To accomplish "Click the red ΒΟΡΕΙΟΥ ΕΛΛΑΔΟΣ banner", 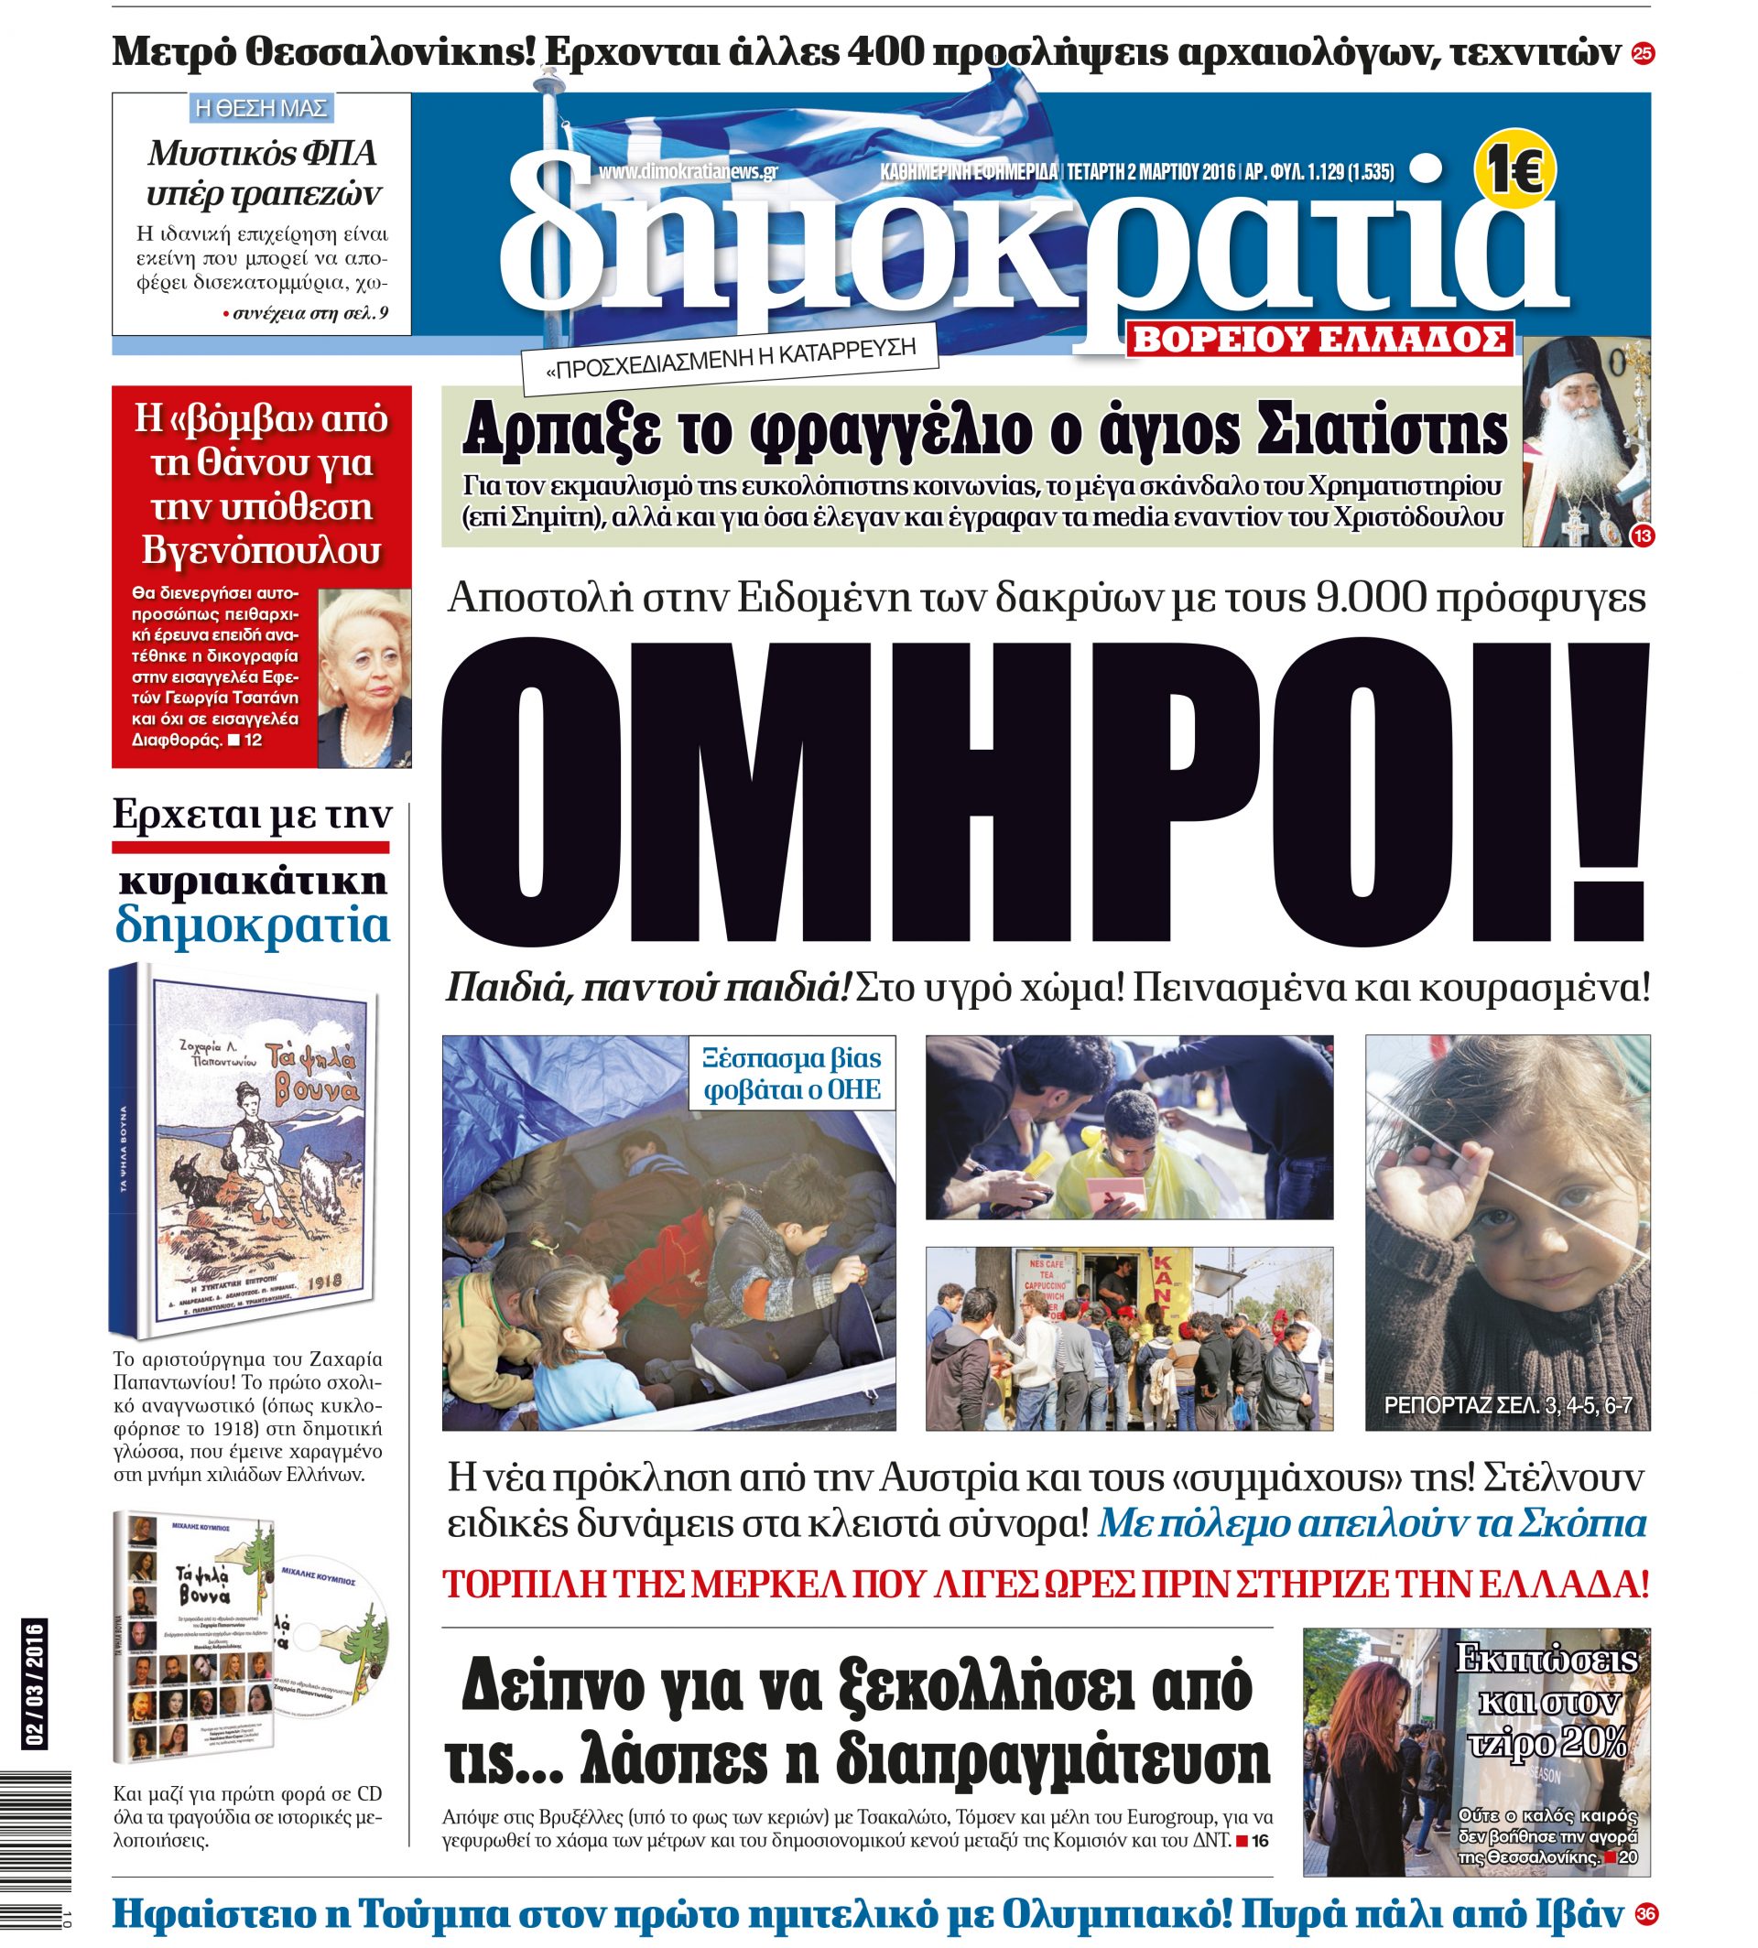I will [x=1319, y=339].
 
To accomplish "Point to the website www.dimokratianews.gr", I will [x=688, y=172].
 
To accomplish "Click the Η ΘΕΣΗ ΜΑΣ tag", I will [x=261, y=107].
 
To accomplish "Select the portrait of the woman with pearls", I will [x=364, y=677].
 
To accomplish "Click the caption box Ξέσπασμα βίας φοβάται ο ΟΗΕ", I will [x=792, y=1074].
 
